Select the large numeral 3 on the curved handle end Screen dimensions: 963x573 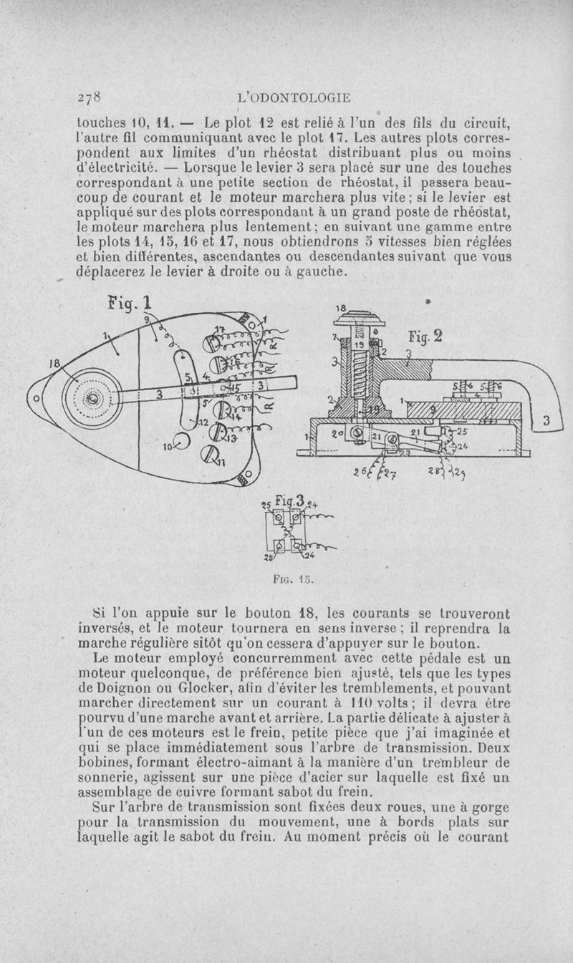point(546,422)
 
